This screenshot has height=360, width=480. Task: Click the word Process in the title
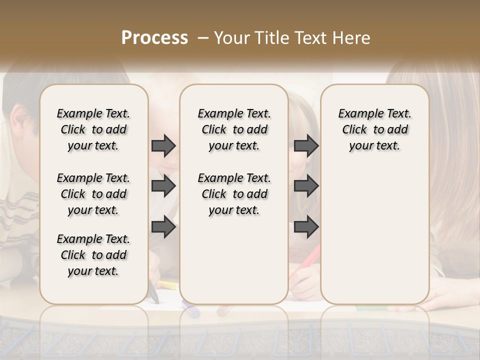point(154,38)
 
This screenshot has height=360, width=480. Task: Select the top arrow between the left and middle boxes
point(163,145)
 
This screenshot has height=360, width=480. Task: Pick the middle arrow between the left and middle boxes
point(163,186)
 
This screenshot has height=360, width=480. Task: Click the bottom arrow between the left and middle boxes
point(163,227)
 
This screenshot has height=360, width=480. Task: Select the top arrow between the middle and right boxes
point(306,145)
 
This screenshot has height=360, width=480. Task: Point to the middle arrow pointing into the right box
point(306,186)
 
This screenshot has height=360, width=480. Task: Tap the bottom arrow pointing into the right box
point(306,227)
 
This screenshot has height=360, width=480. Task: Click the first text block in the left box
point(93,129)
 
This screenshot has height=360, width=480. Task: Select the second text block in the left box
point(93,194)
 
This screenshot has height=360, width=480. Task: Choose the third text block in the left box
point(93,255)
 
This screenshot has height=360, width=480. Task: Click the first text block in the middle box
point(234,129)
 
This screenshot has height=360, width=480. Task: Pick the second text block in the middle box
point(234,194)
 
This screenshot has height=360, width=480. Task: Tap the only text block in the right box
point(374,129)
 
